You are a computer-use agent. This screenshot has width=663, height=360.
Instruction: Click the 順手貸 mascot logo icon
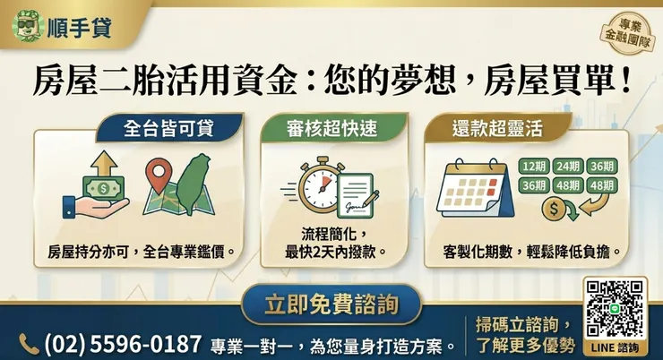[x=29, y=26]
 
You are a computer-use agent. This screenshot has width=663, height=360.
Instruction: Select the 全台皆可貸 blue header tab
[x=169, y=128]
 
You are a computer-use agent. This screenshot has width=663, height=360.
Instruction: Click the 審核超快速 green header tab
[x=331, y=128]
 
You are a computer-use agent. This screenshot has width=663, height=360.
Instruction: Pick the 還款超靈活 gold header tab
[x=497, y=128]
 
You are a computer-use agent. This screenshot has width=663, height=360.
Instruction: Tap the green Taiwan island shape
[x=194, y=184]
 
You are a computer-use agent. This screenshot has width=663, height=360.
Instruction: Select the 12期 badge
[x=534, y=166]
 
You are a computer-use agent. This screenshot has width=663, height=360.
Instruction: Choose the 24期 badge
[x=568, y=166]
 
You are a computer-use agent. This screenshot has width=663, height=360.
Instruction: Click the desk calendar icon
[x=475, y=188]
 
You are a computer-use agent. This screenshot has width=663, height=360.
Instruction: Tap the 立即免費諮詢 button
[x=331, y=304]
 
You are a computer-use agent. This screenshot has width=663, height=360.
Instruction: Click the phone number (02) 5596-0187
[x=123, y=344]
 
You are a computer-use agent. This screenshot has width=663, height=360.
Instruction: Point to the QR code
[x=615, y=309]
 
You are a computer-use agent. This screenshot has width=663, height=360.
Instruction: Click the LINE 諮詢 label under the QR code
[x=615, y=347]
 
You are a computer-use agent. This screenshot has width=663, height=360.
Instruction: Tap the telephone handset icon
[x=29, y=344]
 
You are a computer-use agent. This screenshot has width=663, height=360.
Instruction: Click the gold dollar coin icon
[x=554, y=209]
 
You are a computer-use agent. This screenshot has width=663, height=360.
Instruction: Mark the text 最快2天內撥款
[x=331, y=253]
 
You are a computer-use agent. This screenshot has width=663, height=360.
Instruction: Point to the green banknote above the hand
[x=104, y=187]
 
